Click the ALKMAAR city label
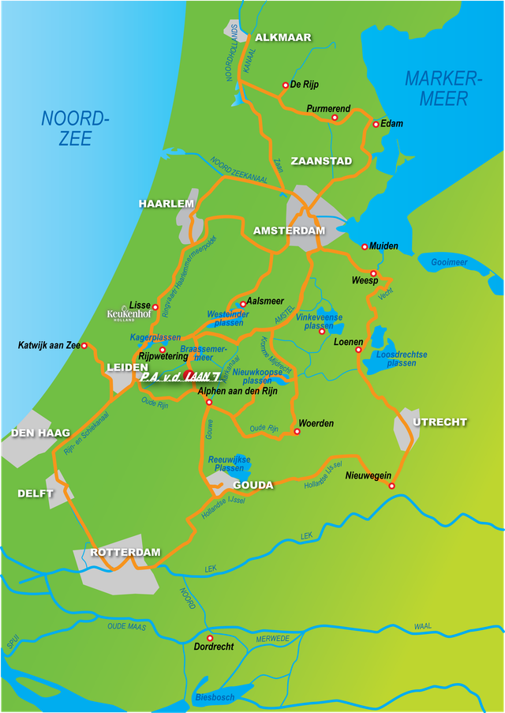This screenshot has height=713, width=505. [283, 37]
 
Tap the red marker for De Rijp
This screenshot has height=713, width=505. [286, 85]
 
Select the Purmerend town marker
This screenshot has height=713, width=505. [335, 118]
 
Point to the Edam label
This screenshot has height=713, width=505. [391, 124]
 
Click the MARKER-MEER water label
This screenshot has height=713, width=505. [443, 88]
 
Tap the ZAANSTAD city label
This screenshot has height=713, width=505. [321, 161]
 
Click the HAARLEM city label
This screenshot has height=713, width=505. [166, 204]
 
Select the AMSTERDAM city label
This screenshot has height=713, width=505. [289, 231]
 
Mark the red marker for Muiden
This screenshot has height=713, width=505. [365, 246]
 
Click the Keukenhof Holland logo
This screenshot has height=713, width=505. [129, 314]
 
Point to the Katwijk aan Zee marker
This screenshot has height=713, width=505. [84, 345]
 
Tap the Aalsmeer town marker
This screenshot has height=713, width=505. [243, 304]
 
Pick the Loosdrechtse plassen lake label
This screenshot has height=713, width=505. [402, 358]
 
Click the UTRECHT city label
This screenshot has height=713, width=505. [440, 422]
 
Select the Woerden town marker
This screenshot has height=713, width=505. [297, 431]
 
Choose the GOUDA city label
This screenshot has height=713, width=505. [253, 485]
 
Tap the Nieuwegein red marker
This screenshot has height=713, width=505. [391, 486]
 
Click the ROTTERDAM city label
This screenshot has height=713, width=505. [125, 553]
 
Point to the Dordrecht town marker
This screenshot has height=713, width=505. [210, 638]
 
